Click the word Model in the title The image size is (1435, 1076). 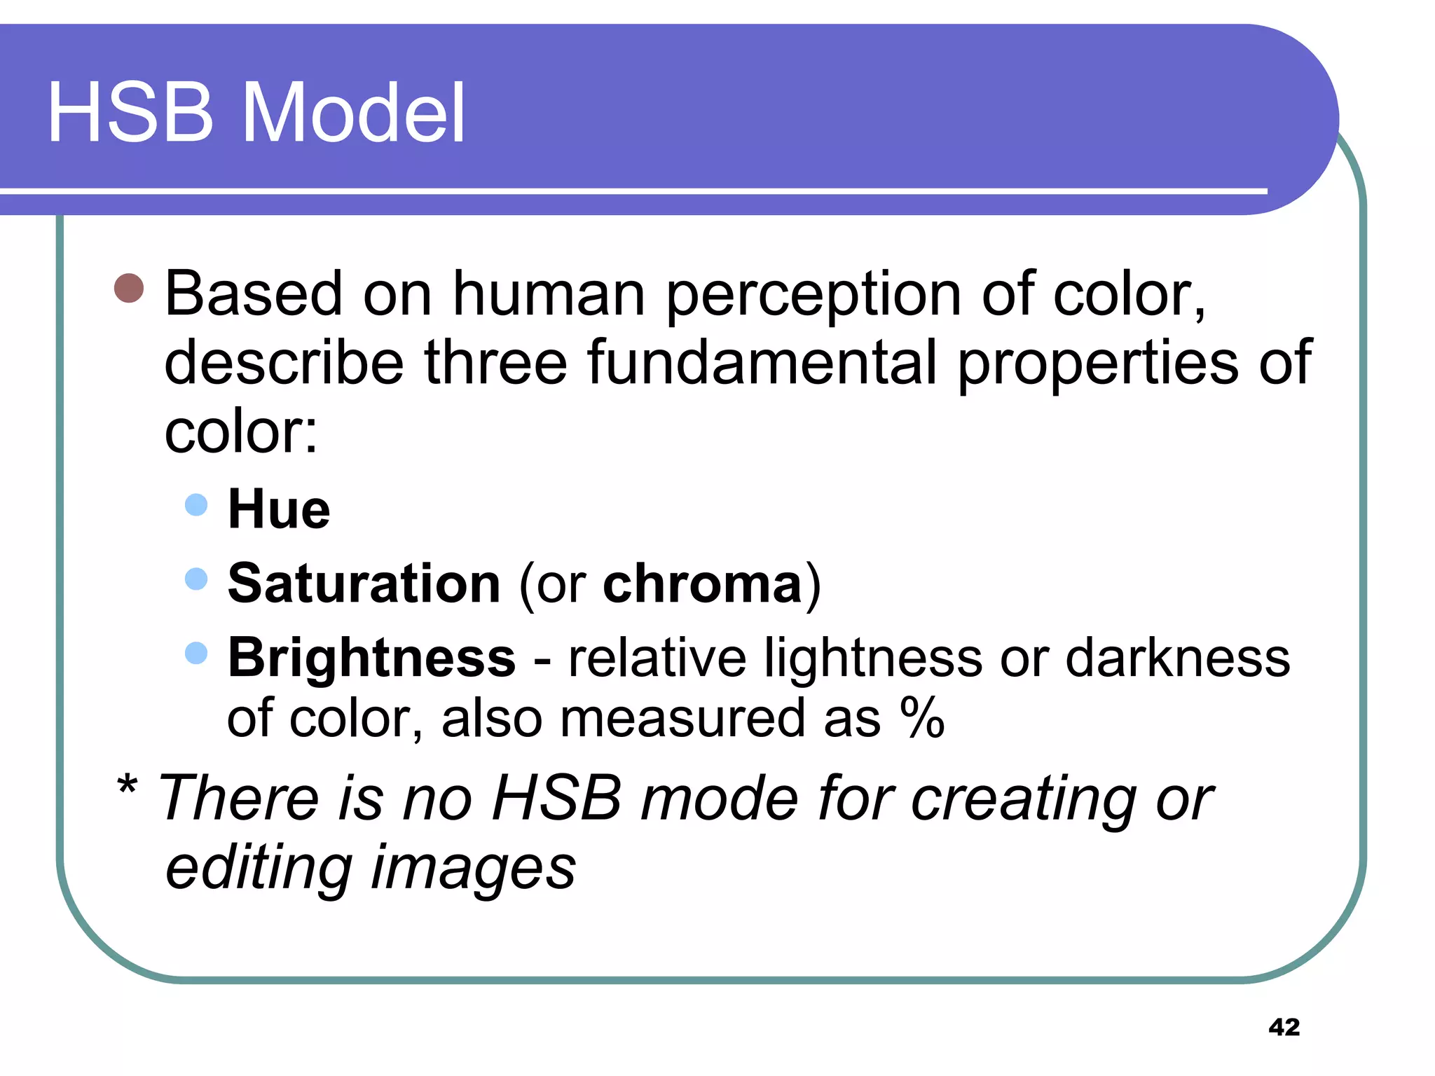click(353, 113)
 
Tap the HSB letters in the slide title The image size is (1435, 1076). click(130, 113)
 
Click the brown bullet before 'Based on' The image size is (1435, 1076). click(129, 288)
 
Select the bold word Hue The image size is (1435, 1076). click(279, 509)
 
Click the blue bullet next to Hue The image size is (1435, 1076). click(196, 505)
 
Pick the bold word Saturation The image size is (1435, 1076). click(364, 584)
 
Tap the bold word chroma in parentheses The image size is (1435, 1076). click(702, 584)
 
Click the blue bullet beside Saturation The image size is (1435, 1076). click(196, 579)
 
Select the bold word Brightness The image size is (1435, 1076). click(372, 658)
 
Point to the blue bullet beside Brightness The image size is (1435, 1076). click(196, 653)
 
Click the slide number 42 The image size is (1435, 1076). click(1284, 1027)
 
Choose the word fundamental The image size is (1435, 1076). click(762, 363)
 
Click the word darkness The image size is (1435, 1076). click(1177, 658)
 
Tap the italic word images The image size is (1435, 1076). click(473, 869)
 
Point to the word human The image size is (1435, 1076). click(549, 294)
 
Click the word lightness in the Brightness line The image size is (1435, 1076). click(873, 658)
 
